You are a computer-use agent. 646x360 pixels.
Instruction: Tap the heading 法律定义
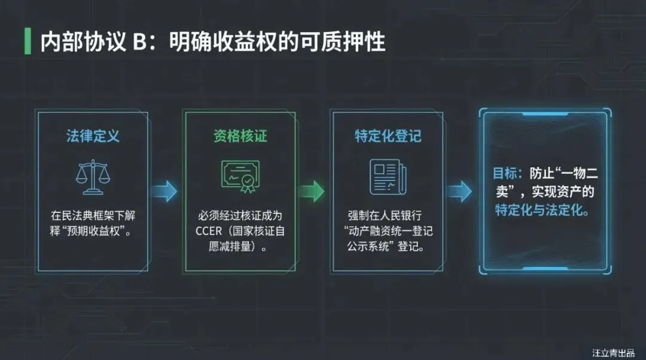click(93, 135)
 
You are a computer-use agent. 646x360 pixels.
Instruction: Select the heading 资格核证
click(240, 135)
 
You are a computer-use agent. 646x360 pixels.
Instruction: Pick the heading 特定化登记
click(388, 135)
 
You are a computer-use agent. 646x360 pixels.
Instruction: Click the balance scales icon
click(93, 177)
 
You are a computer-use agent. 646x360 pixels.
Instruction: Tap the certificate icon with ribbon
click(239, 176)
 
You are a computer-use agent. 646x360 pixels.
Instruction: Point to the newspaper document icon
click(388, 176)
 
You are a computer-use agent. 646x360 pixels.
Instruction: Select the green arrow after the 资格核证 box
click(311, 191)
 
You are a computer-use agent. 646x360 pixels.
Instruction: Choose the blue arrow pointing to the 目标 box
click(459, 191)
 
